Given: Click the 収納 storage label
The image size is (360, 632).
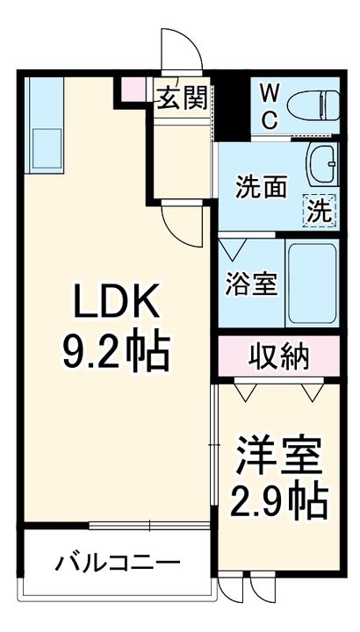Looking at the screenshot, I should point(278,356).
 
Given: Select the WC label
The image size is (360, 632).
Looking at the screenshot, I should point(270,106).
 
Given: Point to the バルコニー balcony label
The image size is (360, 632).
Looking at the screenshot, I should point(119,561).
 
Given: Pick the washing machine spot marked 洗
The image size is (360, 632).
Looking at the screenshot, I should point(320,211).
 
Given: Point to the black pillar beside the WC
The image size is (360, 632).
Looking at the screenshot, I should point(231,106).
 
